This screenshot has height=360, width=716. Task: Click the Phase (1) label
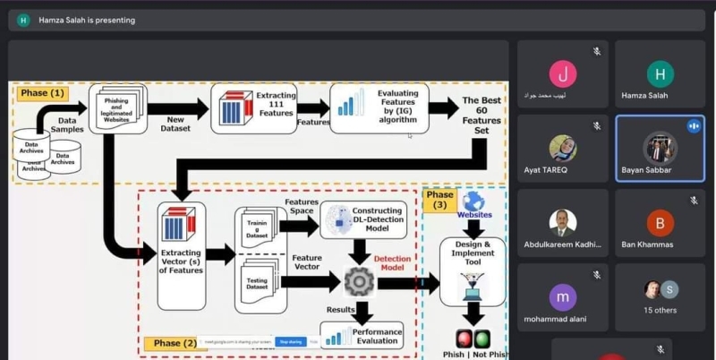tap(43, 93)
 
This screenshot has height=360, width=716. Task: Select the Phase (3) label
tap(439, 201)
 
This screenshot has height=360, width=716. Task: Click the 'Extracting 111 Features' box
tap(253, 108)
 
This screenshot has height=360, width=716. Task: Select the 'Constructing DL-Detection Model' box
tap(362, 219)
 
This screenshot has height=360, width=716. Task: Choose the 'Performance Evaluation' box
tap(362, 336)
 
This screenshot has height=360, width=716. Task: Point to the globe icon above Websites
tap(473, 201)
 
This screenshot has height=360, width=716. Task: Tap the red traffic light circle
tap(464, 339)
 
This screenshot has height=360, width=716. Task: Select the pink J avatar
tap(562, 73)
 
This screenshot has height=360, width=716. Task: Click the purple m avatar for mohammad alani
tap(562, 296)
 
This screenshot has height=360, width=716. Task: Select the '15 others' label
tap(660, 310)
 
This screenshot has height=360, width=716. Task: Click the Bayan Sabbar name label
tap(647, 169)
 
